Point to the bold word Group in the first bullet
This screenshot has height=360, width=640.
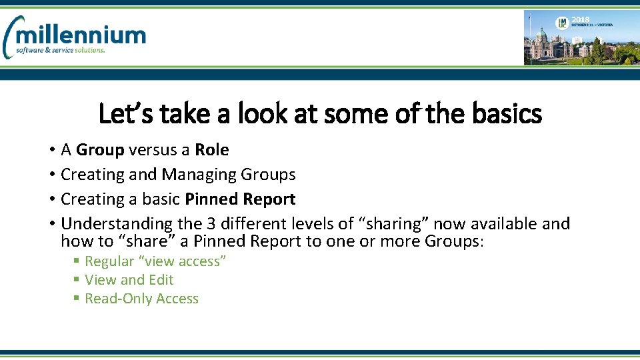pos(100,150)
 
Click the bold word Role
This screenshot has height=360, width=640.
pos(211,150)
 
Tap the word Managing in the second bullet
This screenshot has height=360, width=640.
pos(199,175)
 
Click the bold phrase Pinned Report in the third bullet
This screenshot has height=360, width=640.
pos(240,199)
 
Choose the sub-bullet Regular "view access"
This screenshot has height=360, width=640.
pos(155,261)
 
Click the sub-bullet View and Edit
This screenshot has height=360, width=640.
pos(129,280)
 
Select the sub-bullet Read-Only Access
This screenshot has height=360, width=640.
pos(141,299)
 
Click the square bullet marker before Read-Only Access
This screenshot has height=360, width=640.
pos(77,299)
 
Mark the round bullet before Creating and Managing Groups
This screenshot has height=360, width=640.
pos(51,175)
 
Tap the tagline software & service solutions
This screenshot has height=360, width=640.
pos(61,50)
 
